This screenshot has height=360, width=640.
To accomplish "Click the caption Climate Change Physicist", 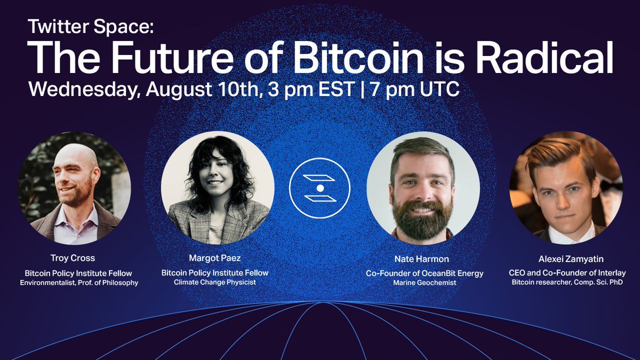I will (215, 282).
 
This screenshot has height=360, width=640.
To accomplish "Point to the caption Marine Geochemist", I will (425, 283).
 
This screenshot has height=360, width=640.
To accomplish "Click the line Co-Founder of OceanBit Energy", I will (425, 273).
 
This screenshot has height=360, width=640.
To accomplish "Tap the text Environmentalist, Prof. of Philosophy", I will (79, 282).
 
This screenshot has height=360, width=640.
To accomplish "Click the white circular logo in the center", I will (319, 188).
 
